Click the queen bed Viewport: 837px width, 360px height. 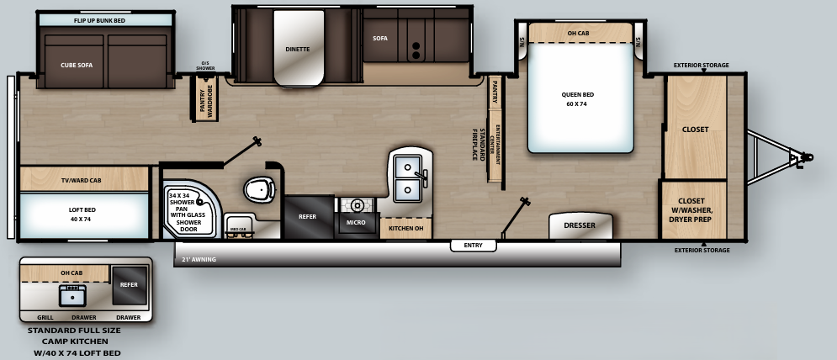[x=580, y=97]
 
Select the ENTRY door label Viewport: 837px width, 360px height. [x=473, y=246]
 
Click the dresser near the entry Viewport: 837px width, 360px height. [x=580, y=225]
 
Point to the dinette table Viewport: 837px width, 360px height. [x=298, y=49]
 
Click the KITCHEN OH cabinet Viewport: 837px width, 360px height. [x=405, y=227]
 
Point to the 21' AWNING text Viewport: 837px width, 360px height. [x=199, y=260]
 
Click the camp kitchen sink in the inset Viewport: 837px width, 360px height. [x=72, y=295]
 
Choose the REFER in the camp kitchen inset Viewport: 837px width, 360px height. [x=129, y=285]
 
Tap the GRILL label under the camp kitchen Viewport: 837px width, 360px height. [x=45, y=317]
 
